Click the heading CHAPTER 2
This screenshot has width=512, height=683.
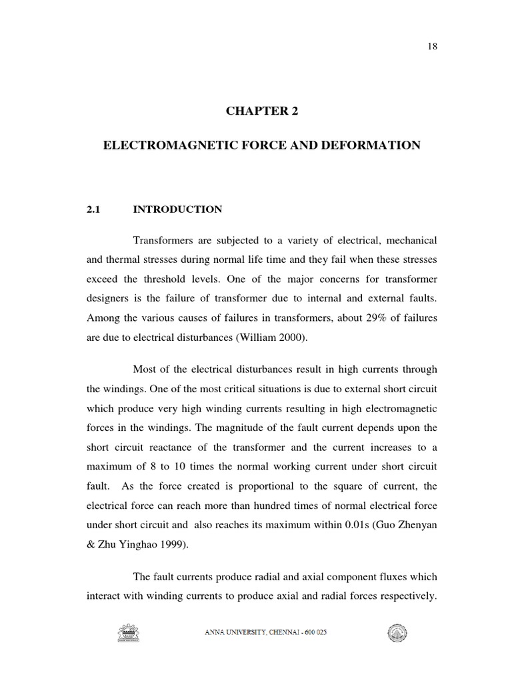(x=261, y=111)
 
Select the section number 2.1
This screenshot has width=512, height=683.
(x=93, y=209)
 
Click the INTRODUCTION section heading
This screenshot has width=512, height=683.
(x=177, y=209)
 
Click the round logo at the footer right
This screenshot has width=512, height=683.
(x=397, y=633)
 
